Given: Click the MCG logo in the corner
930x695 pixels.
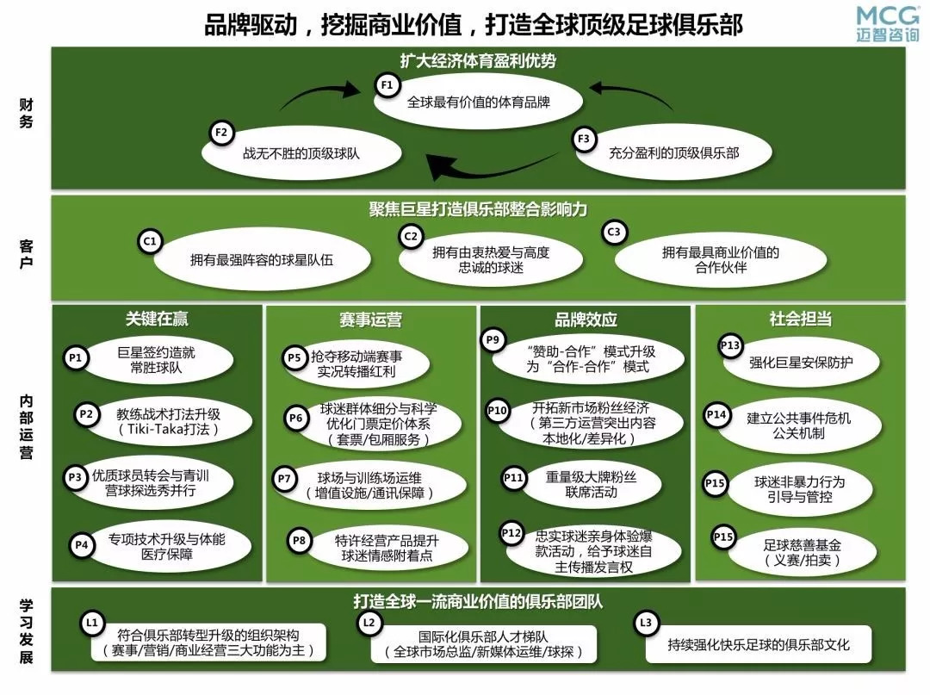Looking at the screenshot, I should [x=888, y=23].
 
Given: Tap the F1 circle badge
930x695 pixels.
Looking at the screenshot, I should [x=387, y=84].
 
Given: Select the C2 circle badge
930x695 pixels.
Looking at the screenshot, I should [x=411, y=236].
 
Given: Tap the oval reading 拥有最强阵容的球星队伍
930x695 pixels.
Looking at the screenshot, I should [x=261, y=259].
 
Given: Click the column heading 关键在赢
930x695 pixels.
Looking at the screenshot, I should [x=157, y=320].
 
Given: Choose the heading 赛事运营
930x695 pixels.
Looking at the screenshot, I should [x=370, y=320].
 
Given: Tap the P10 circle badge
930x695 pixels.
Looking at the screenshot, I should [x=498, y=411].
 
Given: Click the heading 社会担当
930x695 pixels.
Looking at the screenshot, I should [x=800, y=320].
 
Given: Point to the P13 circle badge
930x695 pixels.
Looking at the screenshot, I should [x=730, y=346].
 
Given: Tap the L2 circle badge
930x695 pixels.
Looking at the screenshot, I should [x=369, y=622].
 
